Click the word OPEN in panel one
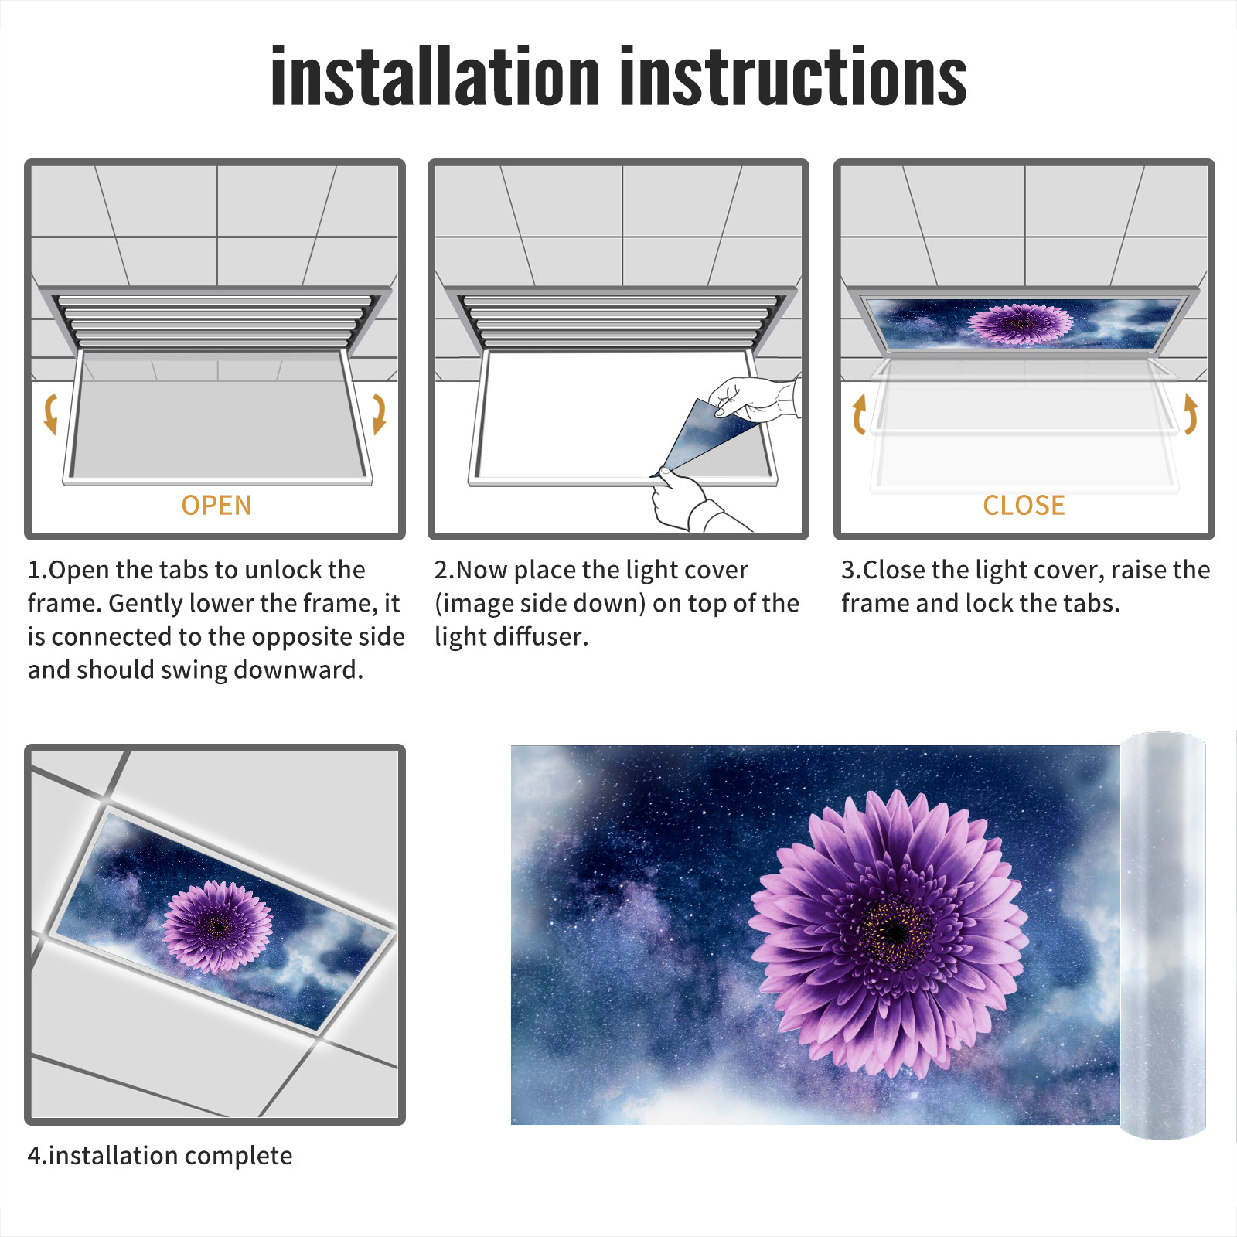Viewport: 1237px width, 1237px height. pyautogui.click(x=216, y=505)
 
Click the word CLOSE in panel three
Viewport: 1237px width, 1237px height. pyautogui.click(x=1024, y=505)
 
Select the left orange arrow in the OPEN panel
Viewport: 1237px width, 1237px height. pyautogui.click(x=51, y=414)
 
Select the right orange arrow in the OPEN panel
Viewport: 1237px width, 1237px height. pyautogui.click(x=379, y=414)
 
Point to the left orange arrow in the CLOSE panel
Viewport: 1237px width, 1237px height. pyautogui.click(x=859, y=414)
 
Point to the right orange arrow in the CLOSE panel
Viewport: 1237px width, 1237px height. pyautogui.click(x=1191, y=414)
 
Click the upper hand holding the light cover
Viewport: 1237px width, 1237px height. pyautogui.click(x=754, y=398)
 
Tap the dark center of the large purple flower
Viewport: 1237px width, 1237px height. pyautogui.click(x=895, y=932)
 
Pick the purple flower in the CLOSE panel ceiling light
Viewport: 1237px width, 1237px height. pyautogui.click(x=1020, y=323)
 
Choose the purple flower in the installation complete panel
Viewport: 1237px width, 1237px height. pyautogui.click(x=217, y=925)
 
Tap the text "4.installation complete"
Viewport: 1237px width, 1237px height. pyautogui.click(x=160, y=1156)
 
